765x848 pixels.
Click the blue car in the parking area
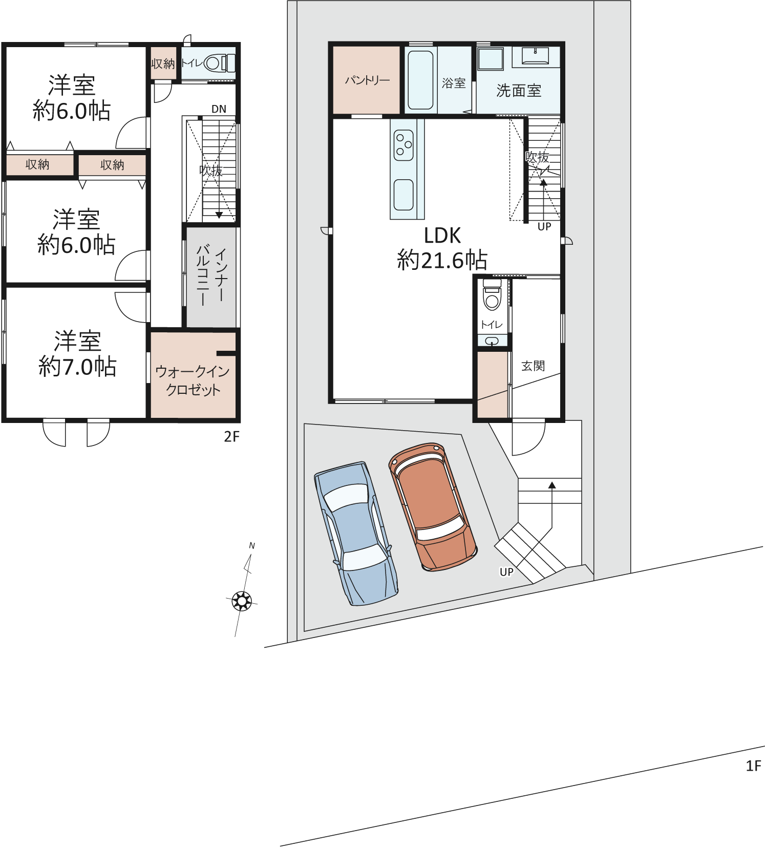pyautogui.click(x=356, y=534)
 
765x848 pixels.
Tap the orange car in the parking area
pyautogui.click(x=433, y=506)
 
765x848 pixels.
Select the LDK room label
pyautogui.click(x=442, y=236)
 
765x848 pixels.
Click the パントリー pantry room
pyautogui.click(x=367, y=80)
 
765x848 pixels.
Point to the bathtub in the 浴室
pyautogui.click(x=420, y=80)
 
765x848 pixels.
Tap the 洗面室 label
pyautogui.click(x=519, y=91)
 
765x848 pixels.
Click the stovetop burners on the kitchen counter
pyautogui.click(x=403, y=145)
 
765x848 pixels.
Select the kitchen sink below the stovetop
pyautogui.click(x=403, y=195)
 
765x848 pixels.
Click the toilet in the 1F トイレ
pyautogui.click(x=492, y=294)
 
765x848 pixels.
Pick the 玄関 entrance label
pyautogui.click(x=533, y=366)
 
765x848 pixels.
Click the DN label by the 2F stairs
pyautogui.click(x=219, y=109)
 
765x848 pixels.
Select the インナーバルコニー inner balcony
pyautogui.click(x=211, y=277)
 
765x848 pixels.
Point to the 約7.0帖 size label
pyautogui.click(x=78, y=367)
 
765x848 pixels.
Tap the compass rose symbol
pyautogui.click(x=242, y=600)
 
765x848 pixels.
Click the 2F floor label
pyautogui.click(x=231, y=436)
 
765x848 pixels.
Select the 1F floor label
pyautogui.click(x=753, y=766)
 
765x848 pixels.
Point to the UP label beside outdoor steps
pyautogui.click(x=506, y=571)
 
